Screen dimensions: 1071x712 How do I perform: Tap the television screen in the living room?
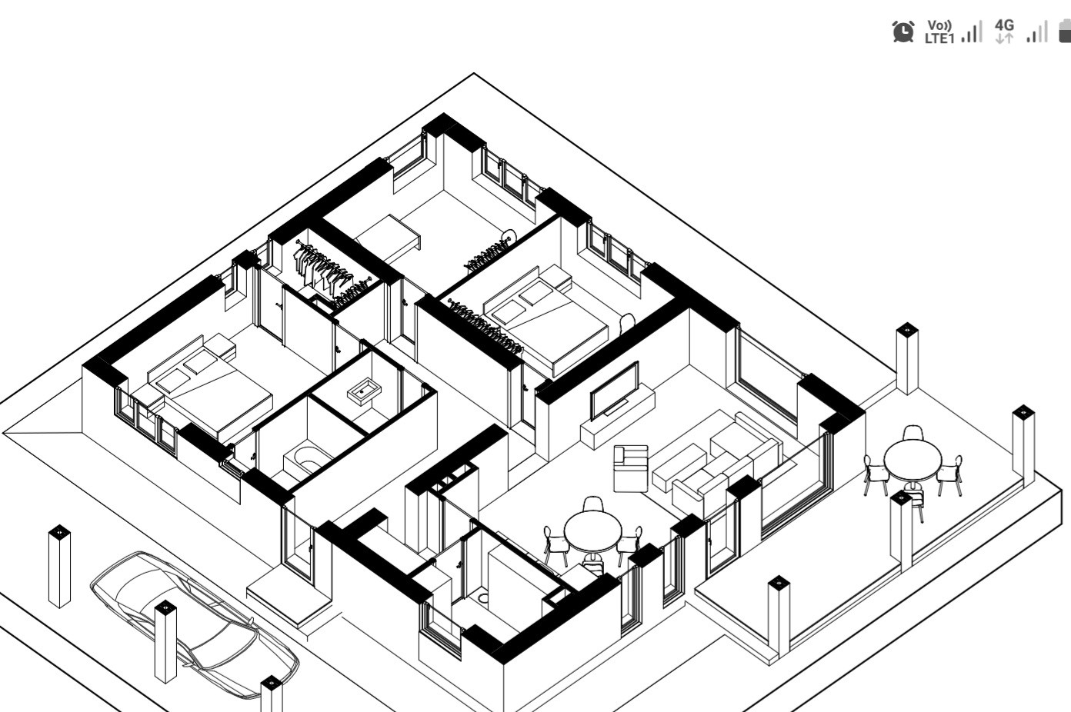614,389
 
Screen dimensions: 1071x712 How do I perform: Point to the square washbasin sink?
362,392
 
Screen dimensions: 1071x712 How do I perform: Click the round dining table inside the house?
592,530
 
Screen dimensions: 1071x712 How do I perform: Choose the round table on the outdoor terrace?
913,460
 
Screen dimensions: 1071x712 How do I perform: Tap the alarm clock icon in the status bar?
903,32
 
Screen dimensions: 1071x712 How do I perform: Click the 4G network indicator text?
1004,25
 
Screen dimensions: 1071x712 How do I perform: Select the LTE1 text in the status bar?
939,39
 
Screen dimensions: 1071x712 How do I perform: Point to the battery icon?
1065,32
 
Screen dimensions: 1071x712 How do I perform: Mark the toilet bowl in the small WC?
483,594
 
